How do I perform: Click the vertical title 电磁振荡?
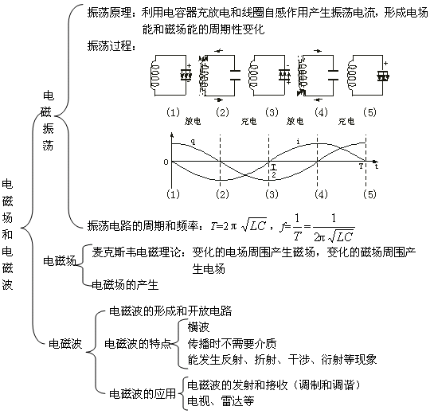point(48,121)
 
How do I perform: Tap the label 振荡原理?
point(109,13)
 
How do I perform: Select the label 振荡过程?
point(109,46)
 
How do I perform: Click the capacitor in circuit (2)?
point(235,75)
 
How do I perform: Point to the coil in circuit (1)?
point(155,76)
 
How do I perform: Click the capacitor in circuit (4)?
point(333,75)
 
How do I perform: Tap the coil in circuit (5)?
point(353,76)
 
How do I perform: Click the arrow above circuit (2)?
point(219,51)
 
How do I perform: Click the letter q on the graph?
point(193,142)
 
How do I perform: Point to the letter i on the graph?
point(299,142)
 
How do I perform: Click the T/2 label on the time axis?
point(274,171)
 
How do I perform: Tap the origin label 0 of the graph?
point(166,162)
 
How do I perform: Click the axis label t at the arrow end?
point(377,166)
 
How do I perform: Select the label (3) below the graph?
point(272,194)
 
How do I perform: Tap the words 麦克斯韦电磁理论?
point(137,252)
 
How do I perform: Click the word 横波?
point(198,326)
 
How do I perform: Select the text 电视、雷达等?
point(221,401)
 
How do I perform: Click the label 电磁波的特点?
point(138,343)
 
